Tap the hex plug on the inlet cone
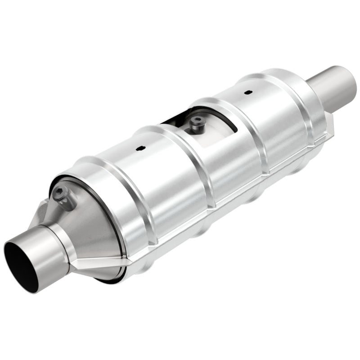61,194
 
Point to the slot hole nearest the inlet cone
140,148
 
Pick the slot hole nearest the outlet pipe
247,93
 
